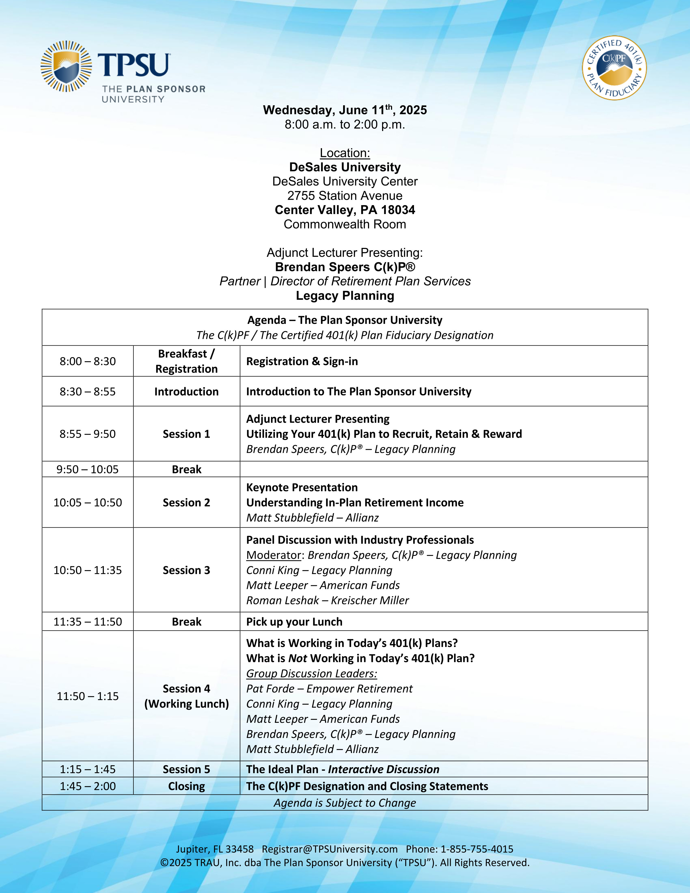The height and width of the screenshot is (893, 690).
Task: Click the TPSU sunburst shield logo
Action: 66,66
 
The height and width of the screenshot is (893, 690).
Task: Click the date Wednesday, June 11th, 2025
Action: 344,110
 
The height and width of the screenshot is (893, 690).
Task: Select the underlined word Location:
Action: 344,153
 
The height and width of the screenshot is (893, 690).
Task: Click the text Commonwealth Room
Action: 344,224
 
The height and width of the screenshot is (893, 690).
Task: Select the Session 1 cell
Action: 186,434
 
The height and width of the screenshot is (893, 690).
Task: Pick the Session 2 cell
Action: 186,503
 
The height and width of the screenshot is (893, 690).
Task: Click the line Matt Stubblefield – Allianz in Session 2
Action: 312,518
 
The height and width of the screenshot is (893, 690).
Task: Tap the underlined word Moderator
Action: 274,555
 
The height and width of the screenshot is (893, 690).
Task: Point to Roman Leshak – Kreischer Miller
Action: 327,600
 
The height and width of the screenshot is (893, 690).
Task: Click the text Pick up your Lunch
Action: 294,622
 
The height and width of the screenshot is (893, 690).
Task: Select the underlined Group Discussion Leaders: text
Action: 311,674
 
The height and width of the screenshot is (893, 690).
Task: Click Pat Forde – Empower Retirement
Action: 329,689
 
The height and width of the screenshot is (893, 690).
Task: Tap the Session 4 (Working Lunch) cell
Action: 186,696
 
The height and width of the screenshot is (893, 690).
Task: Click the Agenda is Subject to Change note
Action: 344,803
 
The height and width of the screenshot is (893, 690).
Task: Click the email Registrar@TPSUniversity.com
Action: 330,849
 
